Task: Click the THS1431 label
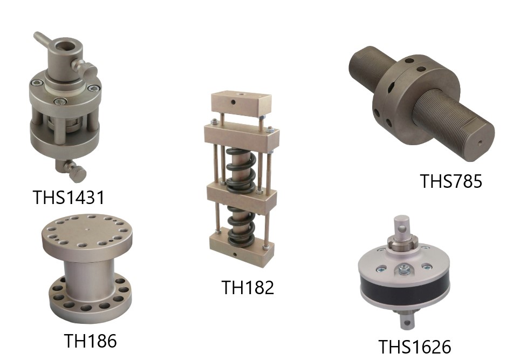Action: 69,197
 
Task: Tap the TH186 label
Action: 90,341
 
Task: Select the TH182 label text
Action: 248,287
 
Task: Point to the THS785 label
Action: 451,181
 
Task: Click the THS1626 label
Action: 414,347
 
